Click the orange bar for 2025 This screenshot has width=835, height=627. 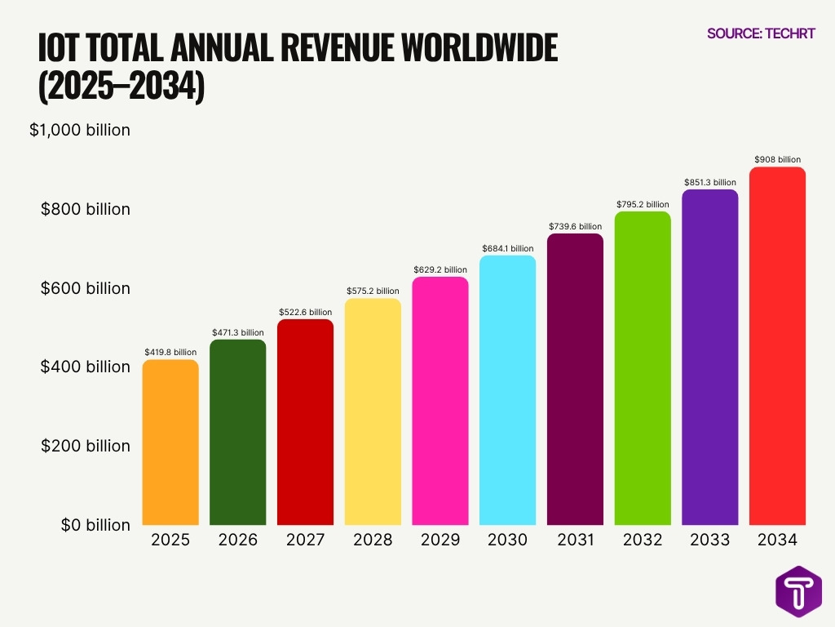click(170, 442)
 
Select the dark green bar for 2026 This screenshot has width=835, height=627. click(238, 432)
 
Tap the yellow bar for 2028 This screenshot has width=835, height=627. click(373, 411)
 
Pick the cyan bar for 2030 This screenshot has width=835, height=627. click(508, 389)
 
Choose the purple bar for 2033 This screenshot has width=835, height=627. click(710, 357)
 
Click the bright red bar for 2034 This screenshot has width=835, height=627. click(777, 345)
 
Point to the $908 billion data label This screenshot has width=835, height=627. click(777, 160)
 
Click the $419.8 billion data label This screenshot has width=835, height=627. click(170, 352)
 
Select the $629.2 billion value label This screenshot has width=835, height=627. click(440, 269)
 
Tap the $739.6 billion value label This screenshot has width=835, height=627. click(575, 226)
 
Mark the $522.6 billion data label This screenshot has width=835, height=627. click(305, 312)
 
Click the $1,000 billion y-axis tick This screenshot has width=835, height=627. click(80, 130)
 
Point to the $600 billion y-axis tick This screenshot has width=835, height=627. click(86, 288)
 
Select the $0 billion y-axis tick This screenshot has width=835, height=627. click(95, 525)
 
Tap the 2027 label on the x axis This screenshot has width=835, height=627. click(305, 540)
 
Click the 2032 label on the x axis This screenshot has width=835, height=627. click(643, 540)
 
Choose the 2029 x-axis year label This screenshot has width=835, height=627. click(440, 540)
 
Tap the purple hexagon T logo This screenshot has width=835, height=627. click(798, 590)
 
